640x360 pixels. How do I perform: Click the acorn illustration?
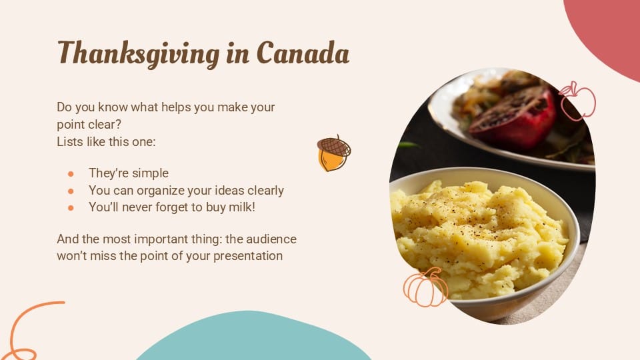pyautogui.click(x=333, y=153)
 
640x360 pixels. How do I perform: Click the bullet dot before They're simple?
pyautogui.click(x=71, y=173)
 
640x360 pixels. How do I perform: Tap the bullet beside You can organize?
pyautogui.click(x=71, y=191)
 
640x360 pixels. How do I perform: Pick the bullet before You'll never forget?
pyautogui.click(x=71, y=207)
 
